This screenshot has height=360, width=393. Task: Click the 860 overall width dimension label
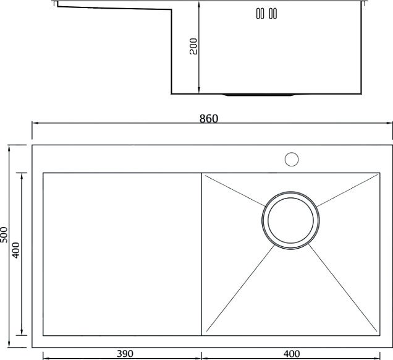(209, 118)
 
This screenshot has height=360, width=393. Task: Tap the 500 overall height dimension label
(4, 234)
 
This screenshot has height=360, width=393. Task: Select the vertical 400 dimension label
(16, 250)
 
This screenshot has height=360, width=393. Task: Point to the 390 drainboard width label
(125, 354)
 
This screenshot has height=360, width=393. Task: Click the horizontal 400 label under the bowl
(292, 354)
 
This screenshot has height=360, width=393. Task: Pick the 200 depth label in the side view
(193, 46)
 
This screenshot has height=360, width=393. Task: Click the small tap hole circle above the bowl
(292, 160)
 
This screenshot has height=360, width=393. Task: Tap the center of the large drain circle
(290, 220)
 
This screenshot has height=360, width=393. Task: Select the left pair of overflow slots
(260, 14)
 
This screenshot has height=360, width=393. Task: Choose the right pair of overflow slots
(273, 14)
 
